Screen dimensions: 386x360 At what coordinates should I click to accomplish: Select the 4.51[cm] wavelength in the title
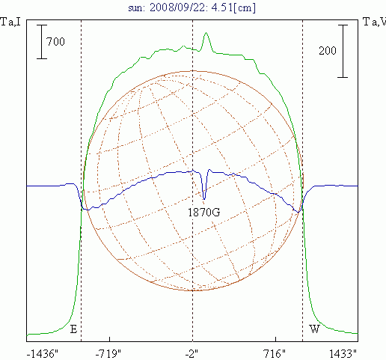point(233,7)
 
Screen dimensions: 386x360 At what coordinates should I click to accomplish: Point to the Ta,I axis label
point(10,22)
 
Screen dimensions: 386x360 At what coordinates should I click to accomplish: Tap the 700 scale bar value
point(55,41)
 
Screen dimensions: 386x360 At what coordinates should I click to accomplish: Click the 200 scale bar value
point(328,51)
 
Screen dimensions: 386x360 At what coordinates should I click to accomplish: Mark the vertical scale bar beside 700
point(42,42)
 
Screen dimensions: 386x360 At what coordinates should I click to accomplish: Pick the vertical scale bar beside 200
point(343,51)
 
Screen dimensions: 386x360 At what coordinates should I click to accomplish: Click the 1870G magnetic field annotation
point(203,213)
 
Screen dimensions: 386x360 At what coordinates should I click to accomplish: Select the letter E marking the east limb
point(73,329)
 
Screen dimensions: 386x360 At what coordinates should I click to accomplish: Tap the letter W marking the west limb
point(314,329)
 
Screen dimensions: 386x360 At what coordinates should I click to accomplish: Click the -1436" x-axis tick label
point(43,354)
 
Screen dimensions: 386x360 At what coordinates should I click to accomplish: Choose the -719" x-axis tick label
point(108,354)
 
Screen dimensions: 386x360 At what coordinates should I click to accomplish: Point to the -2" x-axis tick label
point(192,354)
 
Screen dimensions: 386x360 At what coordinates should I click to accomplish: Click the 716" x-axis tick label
point(275,354)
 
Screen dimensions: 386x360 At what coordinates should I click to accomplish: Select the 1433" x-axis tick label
point(343,354)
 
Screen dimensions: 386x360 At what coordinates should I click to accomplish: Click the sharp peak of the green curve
point(206,32)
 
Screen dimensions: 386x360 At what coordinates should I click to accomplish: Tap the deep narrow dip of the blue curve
point(204,199)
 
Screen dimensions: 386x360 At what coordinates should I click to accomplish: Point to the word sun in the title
point(135,8)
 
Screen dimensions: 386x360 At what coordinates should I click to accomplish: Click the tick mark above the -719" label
point(109,339)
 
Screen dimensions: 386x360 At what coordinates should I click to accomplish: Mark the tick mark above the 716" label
point(275,339)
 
